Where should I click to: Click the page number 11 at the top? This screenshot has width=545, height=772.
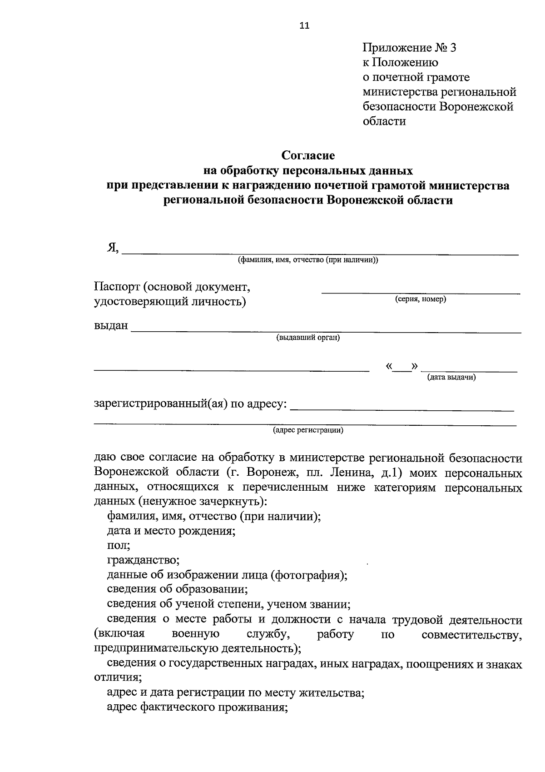tap(304, 26)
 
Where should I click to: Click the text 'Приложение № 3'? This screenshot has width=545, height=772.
tap(409, 48)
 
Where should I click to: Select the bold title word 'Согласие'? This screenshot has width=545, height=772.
tap(308, 156)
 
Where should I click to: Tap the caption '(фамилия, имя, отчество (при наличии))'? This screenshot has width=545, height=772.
tap(307, 260)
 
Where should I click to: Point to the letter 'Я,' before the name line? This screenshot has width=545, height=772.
tap(113, 248)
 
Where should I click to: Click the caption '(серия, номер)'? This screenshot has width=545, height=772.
tap(420, 299)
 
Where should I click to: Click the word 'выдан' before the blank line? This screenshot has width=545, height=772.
tap(111, 326)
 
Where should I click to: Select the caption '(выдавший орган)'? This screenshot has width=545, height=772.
tap(308, 338)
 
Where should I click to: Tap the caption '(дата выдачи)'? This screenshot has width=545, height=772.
tap(451, 377)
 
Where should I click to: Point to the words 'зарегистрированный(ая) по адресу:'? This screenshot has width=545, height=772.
tap(190, 404)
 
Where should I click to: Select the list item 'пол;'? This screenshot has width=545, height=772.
tap(119, 545)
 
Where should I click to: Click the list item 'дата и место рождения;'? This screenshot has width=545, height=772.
tap(171, 531)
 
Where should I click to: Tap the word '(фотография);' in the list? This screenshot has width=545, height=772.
tap(309, 575)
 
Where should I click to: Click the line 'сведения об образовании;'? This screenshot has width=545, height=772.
tap(177, 590)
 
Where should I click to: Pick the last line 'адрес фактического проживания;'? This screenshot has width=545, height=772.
tap(198, 707)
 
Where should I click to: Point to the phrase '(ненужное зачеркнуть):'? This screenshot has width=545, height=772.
tap(203, 502)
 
